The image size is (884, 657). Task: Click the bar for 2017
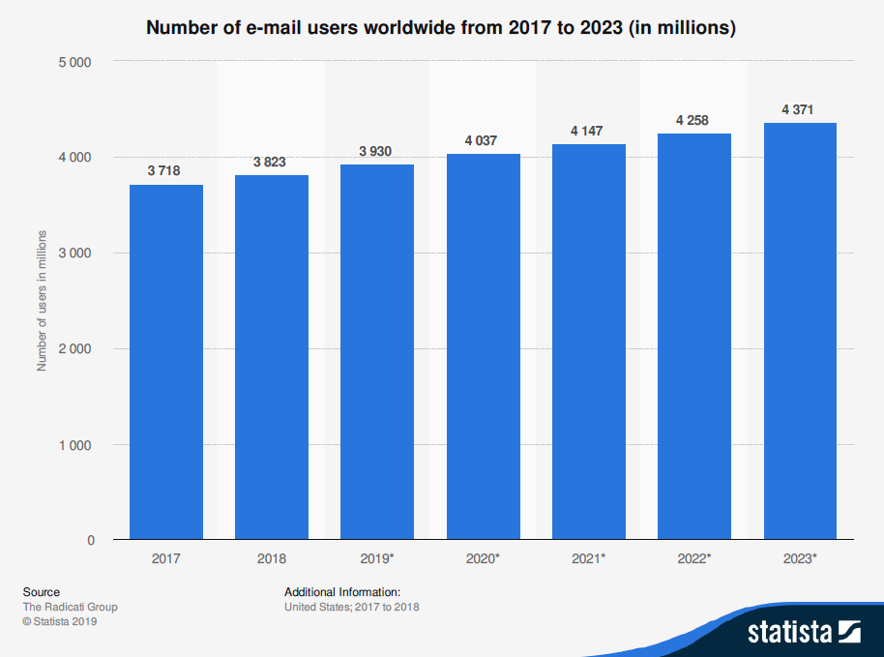pyautogui.click(x=166, y=362)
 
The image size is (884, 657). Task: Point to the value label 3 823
pyautogui.click(x=270, y=163)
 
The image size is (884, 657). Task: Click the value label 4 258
pyautogui.click(x=693, y=121)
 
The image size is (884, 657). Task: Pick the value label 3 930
pyautogui.click(x=375, y=152)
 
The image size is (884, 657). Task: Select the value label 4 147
pyautogui.click(x=588, y=132)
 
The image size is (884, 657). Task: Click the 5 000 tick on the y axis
pyautogui.click(x=74, y=63)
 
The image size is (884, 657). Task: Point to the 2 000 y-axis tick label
pyautogui.click(x=74, y=348)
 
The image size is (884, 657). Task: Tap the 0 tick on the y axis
pyautogui.click(x=91, y=540)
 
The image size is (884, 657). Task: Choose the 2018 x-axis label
pyautogui.click(x=272, y=558)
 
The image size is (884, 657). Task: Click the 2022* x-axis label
pyautogui.click(x=694, y=558)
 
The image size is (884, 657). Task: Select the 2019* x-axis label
pyautogui.click(x=377, y=558)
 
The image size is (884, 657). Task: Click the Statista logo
pyautogui.click(x=803, y=632)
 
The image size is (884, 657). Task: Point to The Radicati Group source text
pyautogui.click(x=70, y=607)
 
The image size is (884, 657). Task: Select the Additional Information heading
pyautogui.click(x=342, y=592)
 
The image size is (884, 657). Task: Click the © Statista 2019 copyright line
pyautogui.click(x=60, y=621)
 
